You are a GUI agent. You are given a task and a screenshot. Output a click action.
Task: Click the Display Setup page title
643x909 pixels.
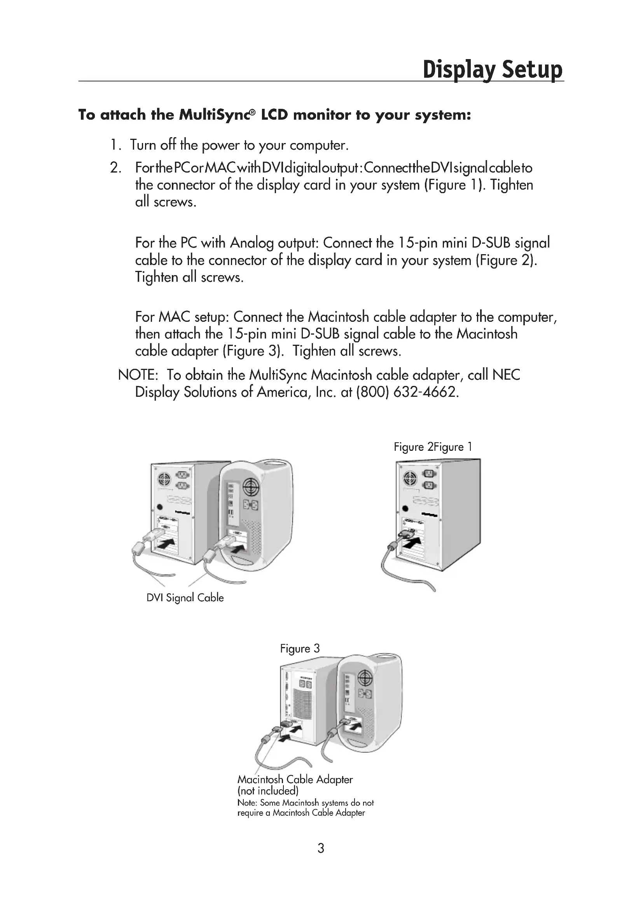point(492,70)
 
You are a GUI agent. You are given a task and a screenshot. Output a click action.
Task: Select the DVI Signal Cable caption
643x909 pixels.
point(185,597)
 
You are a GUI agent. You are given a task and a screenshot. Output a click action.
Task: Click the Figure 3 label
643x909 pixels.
point(300,648)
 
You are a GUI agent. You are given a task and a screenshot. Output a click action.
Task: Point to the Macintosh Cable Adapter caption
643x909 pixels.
point(295,779)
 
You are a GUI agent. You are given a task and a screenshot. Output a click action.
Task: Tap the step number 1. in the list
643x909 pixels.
point(115,145)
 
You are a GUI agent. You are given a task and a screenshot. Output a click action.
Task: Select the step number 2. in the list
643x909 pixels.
point(115,168)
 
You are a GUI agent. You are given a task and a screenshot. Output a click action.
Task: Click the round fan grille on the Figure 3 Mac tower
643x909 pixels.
point(365,679)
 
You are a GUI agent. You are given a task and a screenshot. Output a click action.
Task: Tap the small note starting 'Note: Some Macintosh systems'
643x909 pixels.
point(305,808)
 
